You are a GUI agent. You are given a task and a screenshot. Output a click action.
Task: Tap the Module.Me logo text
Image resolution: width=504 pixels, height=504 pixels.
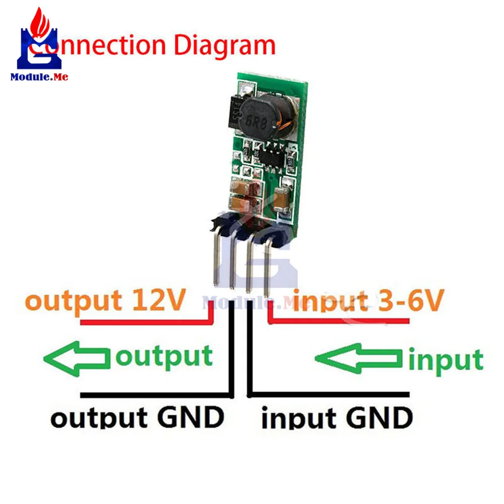[39, 77]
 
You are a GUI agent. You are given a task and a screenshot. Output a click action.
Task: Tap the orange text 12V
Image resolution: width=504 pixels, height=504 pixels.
[156, 301]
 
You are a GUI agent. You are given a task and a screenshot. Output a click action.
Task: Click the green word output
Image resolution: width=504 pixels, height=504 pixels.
[164, 356]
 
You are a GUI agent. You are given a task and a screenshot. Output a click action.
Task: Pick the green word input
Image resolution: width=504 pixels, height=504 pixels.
[446, 360]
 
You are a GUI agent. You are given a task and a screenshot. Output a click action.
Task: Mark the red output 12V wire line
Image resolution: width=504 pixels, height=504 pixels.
[146, 321]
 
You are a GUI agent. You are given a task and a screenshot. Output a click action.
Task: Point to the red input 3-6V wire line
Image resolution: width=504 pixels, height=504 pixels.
[343, 321]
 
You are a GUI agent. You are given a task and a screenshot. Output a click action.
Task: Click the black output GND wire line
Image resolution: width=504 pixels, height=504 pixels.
[156, 394]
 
